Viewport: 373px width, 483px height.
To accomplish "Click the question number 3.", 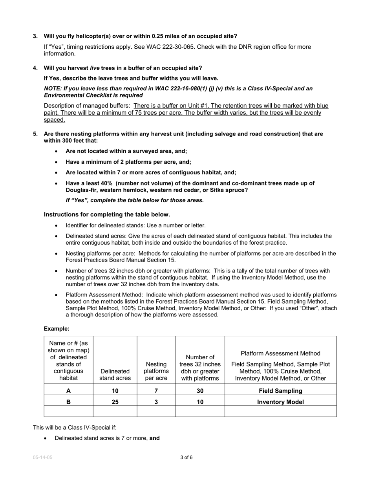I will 35,36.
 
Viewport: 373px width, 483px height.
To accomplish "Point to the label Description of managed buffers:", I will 87,106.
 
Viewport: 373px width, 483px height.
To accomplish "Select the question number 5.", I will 35,134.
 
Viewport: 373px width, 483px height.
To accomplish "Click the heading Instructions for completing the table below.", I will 107,214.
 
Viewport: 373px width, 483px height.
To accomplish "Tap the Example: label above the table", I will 57,329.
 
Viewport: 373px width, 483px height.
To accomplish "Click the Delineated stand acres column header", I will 115,375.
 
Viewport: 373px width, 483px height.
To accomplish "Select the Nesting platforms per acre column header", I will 156,371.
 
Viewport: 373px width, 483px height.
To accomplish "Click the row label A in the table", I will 68,391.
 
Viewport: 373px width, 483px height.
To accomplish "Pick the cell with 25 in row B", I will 115,402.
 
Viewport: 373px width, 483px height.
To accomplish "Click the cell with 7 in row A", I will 156,391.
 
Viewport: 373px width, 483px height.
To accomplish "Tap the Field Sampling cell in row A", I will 280,391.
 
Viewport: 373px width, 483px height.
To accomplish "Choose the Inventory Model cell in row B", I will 280,402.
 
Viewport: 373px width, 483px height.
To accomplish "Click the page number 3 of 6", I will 186,457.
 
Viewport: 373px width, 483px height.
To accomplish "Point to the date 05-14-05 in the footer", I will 42,457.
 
